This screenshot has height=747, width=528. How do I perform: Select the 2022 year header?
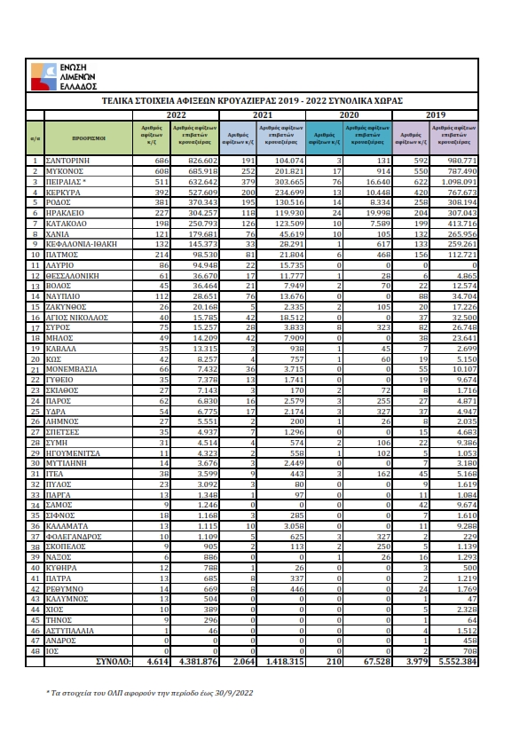click(x=176, y=115)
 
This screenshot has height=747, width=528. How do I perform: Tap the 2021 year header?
click(x=262, y=115)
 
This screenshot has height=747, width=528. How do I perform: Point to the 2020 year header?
click(x=349, y=115)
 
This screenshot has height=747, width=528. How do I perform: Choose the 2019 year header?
click(x=436, y=115)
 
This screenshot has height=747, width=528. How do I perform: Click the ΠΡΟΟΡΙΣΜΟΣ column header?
click(x=89, y=138)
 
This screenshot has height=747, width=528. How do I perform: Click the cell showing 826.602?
click(x=201, y=160)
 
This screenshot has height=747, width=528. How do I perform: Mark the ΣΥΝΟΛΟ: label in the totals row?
click(x=114, y=662)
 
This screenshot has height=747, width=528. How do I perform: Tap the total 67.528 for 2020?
click(x=376, y=662)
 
